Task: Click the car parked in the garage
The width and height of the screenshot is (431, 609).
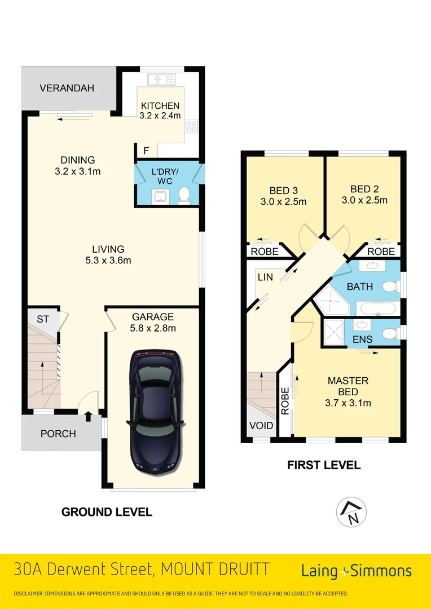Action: coord(156,412)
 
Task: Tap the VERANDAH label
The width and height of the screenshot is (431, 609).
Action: coord(67,89)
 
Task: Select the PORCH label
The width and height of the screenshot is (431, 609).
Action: coord(58,434)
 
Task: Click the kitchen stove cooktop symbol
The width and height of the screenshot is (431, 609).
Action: coord(192,127)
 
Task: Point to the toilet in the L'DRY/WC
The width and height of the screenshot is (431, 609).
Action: coord(183,195)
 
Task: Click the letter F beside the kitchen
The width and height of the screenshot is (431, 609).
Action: coord(146,151)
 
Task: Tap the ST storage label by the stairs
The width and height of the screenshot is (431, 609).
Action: coord(43,319)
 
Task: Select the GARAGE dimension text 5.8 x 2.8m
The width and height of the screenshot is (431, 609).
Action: coord(153,328)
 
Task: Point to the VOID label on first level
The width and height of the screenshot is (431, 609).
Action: coord(261,426)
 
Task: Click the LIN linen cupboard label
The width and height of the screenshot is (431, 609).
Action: coord(265,277)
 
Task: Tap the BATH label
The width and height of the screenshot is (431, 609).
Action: coord(359,286)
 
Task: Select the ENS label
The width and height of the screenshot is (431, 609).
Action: coord(363,339)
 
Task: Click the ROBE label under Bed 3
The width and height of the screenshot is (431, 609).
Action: coord(264,251)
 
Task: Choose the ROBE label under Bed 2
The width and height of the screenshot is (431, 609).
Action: coord(381,251)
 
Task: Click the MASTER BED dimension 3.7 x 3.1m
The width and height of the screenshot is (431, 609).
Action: coord(348,403)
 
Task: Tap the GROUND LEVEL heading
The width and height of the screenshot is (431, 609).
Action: coord(107,512)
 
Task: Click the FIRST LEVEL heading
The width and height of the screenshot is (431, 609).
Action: coord(324,465)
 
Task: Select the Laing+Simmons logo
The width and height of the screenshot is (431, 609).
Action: coord(357,571)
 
